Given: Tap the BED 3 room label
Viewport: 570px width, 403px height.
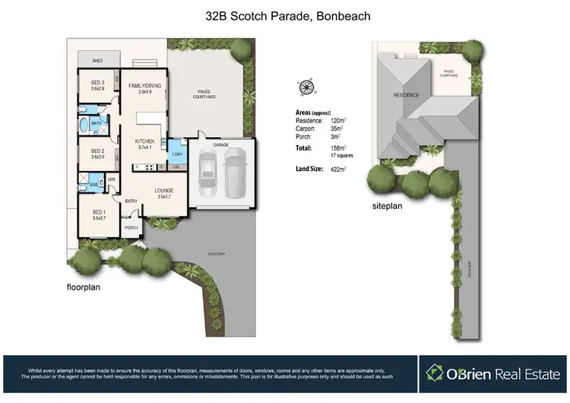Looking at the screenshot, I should (97, 85).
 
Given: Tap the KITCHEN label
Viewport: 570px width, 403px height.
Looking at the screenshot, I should (145, 141).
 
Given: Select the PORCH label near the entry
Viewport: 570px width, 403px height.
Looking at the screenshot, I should (131, 227).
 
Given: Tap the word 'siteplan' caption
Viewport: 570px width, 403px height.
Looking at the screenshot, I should (388, 206).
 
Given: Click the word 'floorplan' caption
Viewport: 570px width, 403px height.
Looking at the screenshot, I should (84, 287).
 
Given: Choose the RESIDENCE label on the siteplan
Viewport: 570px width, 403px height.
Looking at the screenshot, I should (407, 96).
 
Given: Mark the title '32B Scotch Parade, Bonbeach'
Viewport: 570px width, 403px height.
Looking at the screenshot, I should (284, 15).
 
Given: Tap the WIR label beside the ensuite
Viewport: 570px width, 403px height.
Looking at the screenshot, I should (111, 179).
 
